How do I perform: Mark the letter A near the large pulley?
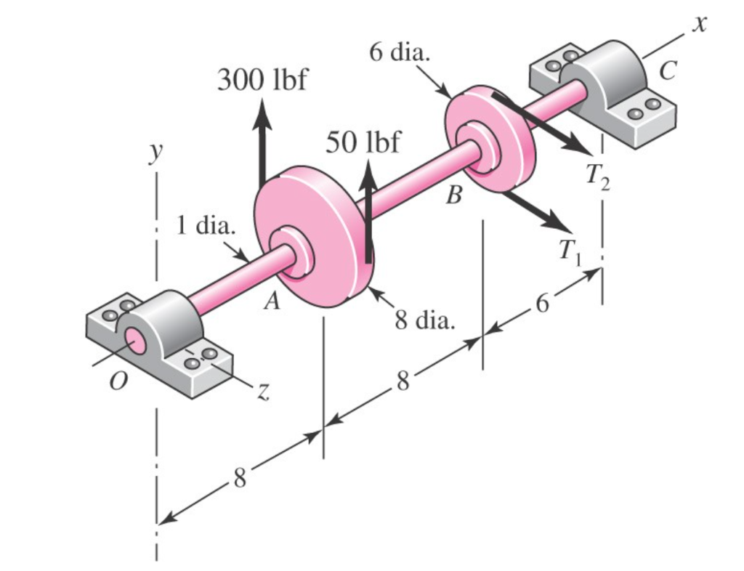click(x=271, y=303)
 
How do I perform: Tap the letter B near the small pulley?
click(x=454, y=196)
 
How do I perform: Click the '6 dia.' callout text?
click(x=399, y=53)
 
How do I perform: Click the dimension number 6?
click(x=542, y=304)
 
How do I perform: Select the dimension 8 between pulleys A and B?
click(x=403, y=380)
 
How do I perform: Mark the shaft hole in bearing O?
click(x=134, y=339)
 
